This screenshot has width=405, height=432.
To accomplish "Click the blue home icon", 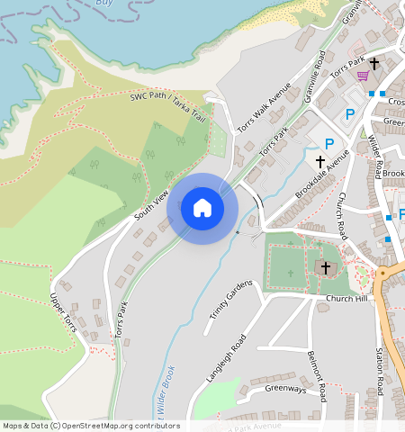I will click(x=202, y=208).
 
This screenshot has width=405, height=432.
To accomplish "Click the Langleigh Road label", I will click(x=226, y=358).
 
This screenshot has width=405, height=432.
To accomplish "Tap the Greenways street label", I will click(x=285, y=389).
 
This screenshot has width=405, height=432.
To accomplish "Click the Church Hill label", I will click(x=346, y=299).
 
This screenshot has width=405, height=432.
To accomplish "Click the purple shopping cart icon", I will click(x=362, y=76).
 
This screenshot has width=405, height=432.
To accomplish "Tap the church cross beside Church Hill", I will click(x=326, y=267).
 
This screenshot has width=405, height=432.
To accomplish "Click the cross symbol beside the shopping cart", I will click(x=374, y=64).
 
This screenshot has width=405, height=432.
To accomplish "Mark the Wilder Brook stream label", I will click(x=166, y=396).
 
